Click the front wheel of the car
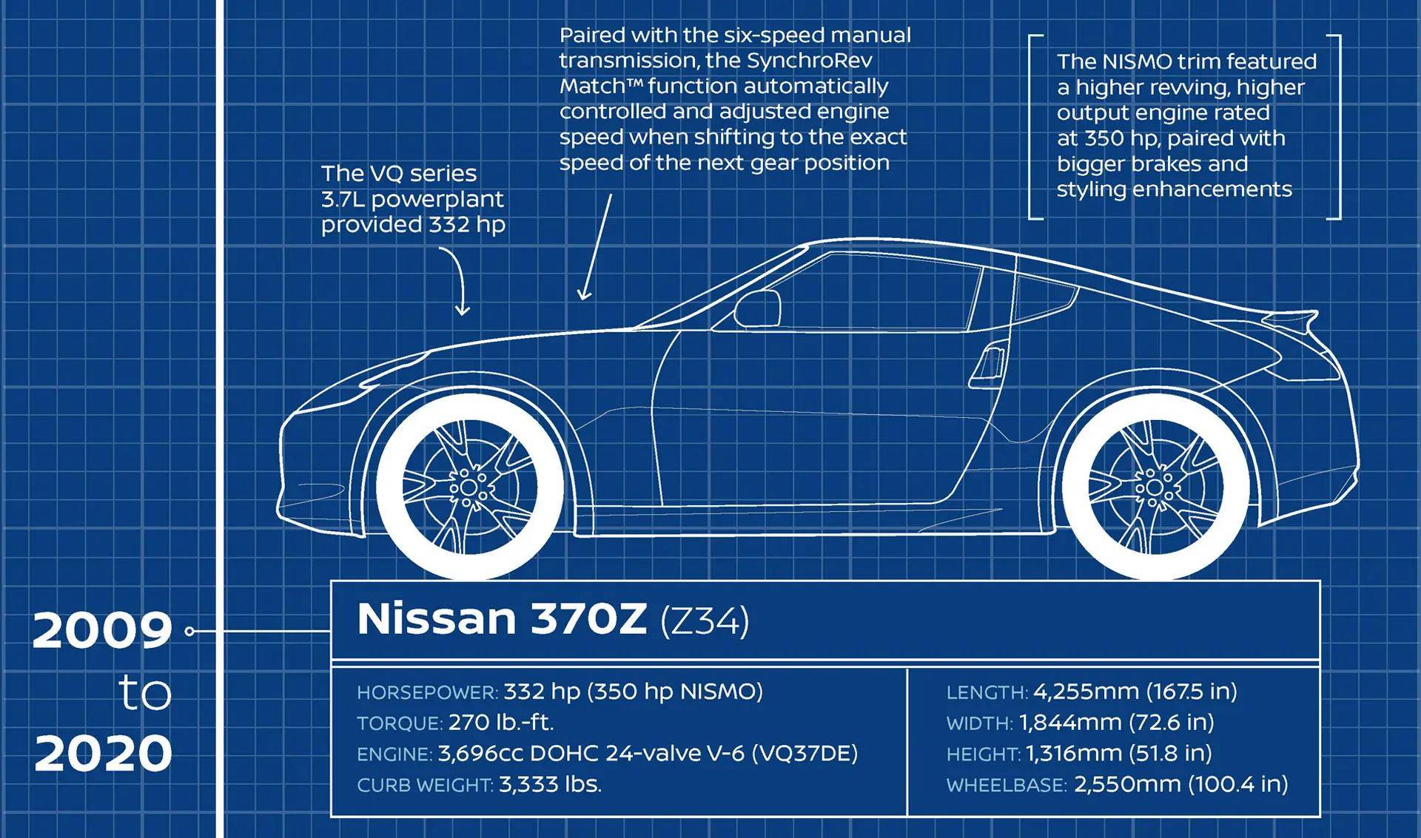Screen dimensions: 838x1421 pyautogui.click(x=469, y=487)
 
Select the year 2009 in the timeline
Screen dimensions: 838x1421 pyautogui.click(x=102, y=631)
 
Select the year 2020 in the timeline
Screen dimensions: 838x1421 pyautogui.click(x=103, y=754)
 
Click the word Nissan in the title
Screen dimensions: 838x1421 pyautogui.click(x=436, y=618)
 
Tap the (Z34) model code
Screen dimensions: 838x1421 pyautogui.click(x=705, y=621)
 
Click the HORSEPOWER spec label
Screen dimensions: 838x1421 pyautogui.click(x=427, y=693)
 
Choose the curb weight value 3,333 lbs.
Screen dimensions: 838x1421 pyautogui.click(x=550, y=784)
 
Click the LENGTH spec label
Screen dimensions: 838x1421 pyautogui.click(x=987, y=693)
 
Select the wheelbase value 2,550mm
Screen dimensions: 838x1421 pyautogui.click(x=1127, y=784)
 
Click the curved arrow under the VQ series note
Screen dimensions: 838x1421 pyautogui.click(x=457, y=281)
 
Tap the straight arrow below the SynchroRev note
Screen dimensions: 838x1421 pyautogui.click(x=597, y=248)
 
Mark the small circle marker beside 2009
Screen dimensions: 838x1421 pyautogui.click(x=190, y=631)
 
